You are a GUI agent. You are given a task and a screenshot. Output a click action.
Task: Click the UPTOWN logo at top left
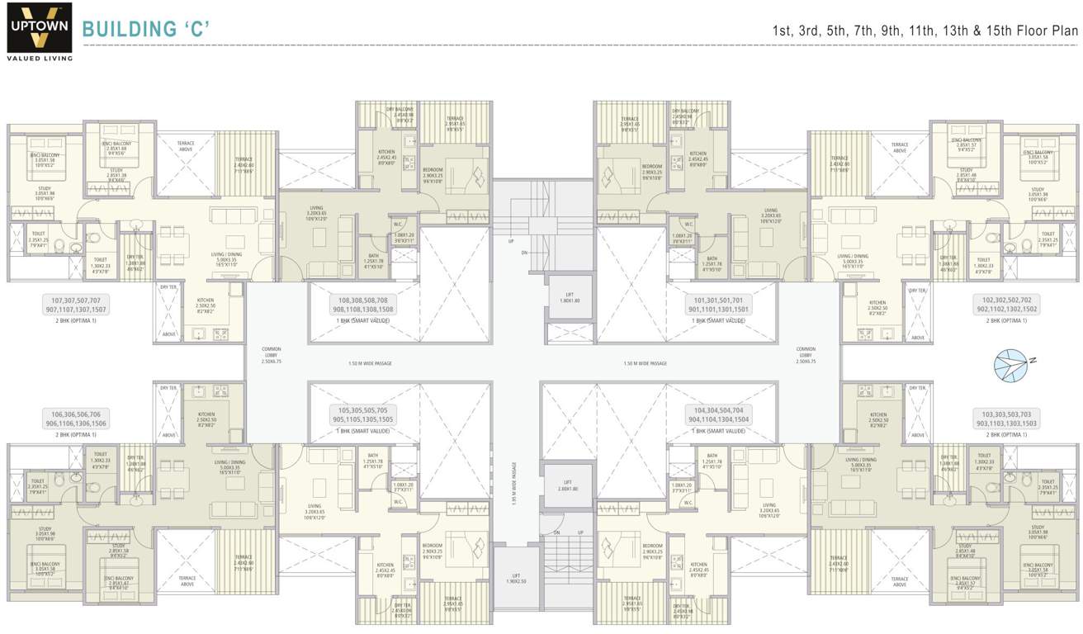[x=40, y=26]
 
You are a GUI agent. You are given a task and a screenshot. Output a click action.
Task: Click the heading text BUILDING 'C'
[x=146, y=30]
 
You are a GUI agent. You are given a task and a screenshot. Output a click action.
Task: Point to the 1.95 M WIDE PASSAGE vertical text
[x=513, y=483]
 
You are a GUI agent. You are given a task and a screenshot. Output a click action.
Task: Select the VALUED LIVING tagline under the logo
[x=40, y=58]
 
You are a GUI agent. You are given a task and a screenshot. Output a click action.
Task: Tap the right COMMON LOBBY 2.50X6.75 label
[x=805, y=353]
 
